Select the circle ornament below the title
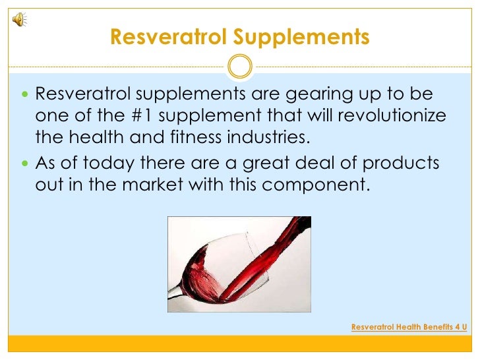[240, 65]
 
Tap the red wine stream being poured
[277, 247]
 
